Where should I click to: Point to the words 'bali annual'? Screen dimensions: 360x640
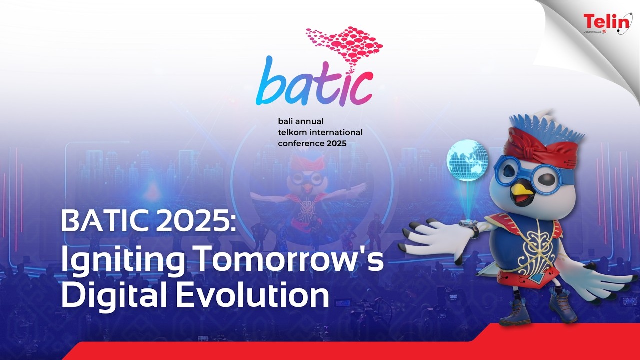301,121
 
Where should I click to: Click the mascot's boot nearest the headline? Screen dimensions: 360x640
514,314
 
